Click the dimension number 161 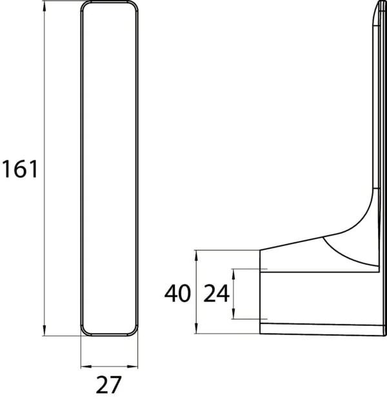[20, 169]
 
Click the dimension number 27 [108, 385]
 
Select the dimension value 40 [177, 293]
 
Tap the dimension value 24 [216, 294]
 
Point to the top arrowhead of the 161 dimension [45, 6]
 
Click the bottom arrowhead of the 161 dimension [45, 330]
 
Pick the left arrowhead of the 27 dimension [86, 367]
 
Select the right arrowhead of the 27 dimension [133, 367]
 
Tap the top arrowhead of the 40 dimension [196, 255]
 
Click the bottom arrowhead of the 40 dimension [196, 328]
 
